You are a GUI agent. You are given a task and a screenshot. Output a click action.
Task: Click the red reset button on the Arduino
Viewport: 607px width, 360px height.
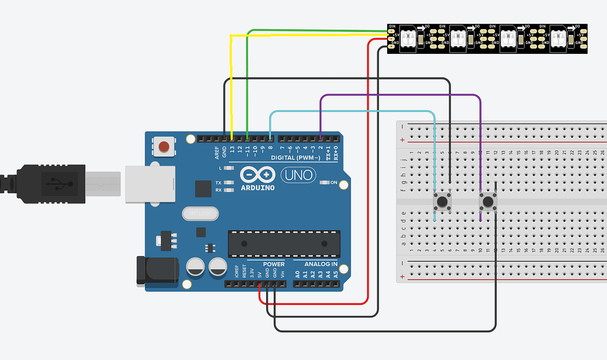[x=164, y=146]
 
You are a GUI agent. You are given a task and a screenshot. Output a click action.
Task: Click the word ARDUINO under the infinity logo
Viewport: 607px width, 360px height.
[x=257, y=187]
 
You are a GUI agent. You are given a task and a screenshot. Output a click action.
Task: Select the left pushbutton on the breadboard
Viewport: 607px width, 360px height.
[x=442, y=202]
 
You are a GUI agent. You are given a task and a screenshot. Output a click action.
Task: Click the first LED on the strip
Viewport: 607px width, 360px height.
[x=409, y=39]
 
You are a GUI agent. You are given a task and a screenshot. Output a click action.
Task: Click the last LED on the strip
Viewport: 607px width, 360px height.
[x=558, y=39]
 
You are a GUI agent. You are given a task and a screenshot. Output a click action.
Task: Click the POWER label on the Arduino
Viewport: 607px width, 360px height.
[x=273, y=264]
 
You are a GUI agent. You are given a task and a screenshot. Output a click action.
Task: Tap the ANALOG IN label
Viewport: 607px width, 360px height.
[x=321, y=264]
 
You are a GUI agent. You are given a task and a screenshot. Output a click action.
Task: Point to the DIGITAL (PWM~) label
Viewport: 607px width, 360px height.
[x=295, y=158]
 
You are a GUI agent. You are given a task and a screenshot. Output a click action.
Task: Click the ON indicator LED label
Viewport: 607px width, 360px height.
[x=334, y=182]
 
